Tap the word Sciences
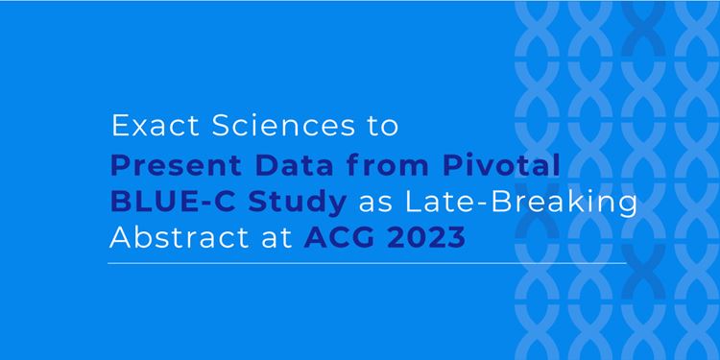pyautogui.click(x=283, y=126)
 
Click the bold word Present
pyautogui.click(x=177, y=166)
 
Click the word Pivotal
pyautogui.click(x=501, y=165)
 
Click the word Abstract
pyautogui.click(x=181, y=238)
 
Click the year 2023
pyautogui.click(x=426, y=238)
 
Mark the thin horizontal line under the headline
pyautogui.click(x=367, y=264)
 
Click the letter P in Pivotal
pyautogui.click(x=451, y=166)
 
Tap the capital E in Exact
pyautogui.click(x=120, y=126)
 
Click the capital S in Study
pyautogui.click(x=258, y=203)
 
